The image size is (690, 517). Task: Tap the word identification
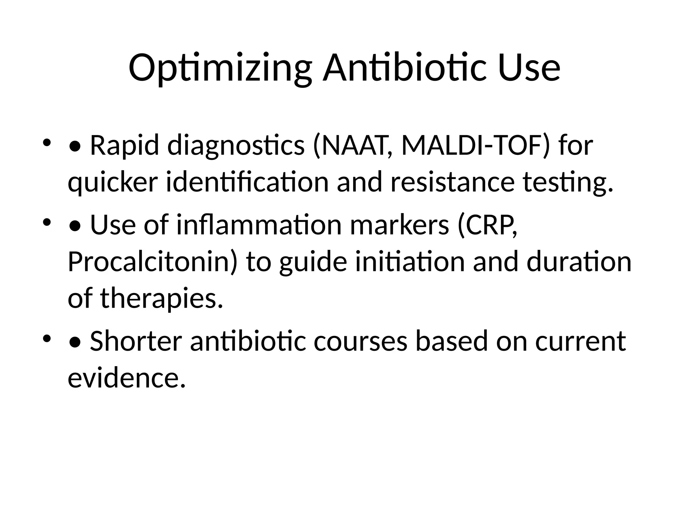[x=247, y=182]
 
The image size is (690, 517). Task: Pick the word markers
[x=400, y=225]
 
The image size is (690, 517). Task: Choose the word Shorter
[x=136, y=341]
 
